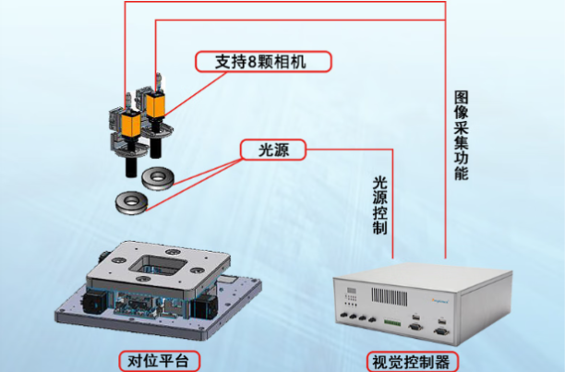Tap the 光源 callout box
[273, 150]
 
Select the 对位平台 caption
[160, 361]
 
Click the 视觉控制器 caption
[413, 362]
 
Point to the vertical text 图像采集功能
[462, 135]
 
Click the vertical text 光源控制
[379, 206]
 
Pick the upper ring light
[158, 178]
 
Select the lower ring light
[131, 203]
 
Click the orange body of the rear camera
[156, 105]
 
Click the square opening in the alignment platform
[158, 265]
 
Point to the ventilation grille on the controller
[390, 296]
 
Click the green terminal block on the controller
[392, 322]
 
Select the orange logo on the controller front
[440, 301]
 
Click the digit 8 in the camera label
[252, 62]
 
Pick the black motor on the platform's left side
[94, 302]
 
